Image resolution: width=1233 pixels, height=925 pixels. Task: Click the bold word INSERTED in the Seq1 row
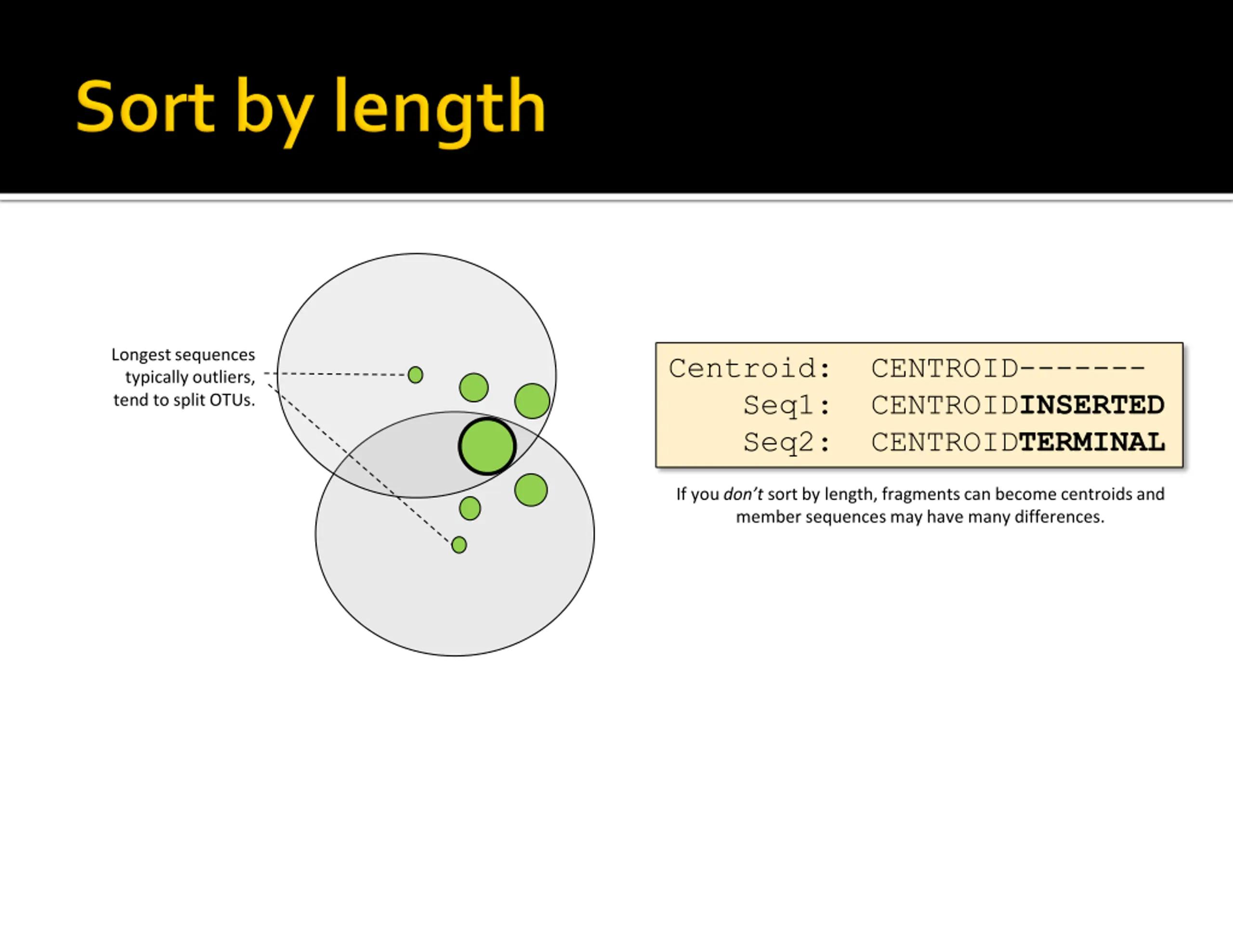point(1091,405)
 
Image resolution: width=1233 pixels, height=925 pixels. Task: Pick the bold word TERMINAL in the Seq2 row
point(1091,443)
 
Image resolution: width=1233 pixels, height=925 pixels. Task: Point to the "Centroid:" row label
point(750,369)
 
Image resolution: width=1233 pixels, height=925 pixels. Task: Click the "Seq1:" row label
point(787,405)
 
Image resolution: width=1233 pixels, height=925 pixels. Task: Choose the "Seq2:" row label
point(787,443)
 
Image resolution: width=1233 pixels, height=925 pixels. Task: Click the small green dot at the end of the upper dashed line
point(415,375)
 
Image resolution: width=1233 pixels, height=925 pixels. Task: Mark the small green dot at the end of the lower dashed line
point(459,545)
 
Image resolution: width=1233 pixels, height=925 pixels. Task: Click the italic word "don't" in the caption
point(743,494)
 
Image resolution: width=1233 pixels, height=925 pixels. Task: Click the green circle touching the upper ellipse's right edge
point(532,401)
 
